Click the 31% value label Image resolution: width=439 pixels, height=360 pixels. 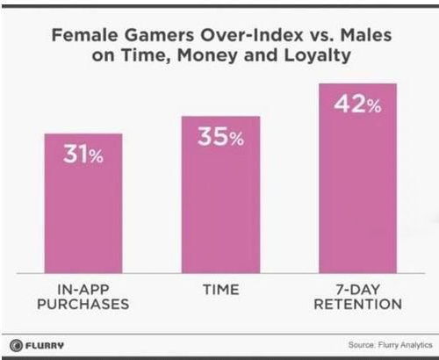tap(83, 154)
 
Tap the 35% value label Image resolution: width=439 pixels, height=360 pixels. tap(220, 136)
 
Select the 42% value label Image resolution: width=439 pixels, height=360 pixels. tap(357, 104)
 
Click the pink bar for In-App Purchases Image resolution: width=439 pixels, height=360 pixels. tap(83, 204)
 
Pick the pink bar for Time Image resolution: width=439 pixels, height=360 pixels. tap(220, 195)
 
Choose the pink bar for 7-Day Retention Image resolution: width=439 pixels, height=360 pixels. tap(357, 178)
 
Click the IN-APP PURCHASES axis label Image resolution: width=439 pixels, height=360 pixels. tap(83, 297)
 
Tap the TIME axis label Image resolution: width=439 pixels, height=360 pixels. tap(221, 290)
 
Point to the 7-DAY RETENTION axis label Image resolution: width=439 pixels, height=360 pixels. tap(357, 297)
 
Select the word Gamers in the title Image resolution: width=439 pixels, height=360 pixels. tap(159, 35)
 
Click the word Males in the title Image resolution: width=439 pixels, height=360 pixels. tap(366, 35)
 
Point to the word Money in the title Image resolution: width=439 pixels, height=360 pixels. tap(207, 55)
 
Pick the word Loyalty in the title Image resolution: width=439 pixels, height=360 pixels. tap(318, 56)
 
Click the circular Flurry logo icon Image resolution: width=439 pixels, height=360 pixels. tap(16, 345)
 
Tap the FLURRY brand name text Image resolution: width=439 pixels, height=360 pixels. tap(45, 345)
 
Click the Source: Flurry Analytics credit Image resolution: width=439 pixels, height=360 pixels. tap(391, 345)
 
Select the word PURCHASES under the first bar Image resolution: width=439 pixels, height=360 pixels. tap(83, 304)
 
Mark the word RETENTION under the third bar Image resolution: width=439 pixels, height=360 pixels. tap(357, 304)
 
